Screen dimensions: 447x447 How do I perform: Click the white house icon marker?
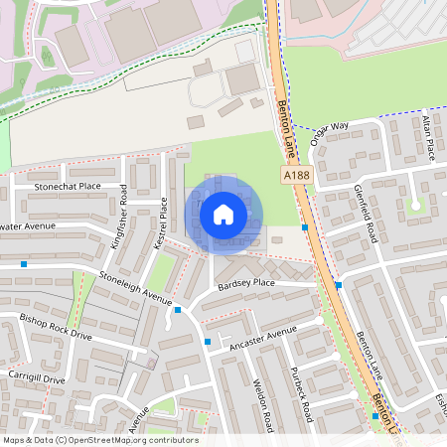223,214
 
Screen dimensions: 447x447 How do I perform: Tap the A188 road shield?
295,174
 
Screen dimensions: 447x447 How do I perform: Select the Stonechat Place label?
68,186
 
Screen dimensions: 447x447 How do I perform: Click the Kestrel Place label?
159,222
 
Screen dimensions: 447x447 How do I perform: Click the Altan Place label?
428,137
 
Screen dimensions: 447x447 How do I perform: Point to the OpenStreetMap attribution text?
99,440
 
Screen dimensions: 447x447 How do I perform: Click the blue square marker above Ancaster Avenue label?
208,343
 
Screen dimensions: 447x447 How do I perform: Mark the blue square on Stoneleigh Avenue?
177,311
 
